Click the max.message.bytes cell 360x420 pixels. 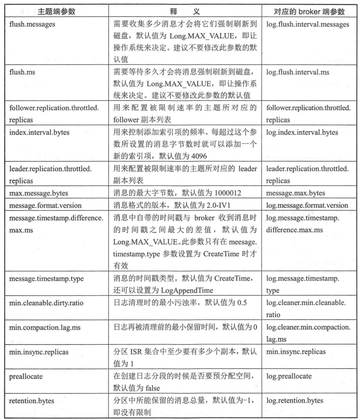[x=39, y=192]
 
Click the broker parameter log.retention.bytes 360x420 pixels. [x=295, y=400]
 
